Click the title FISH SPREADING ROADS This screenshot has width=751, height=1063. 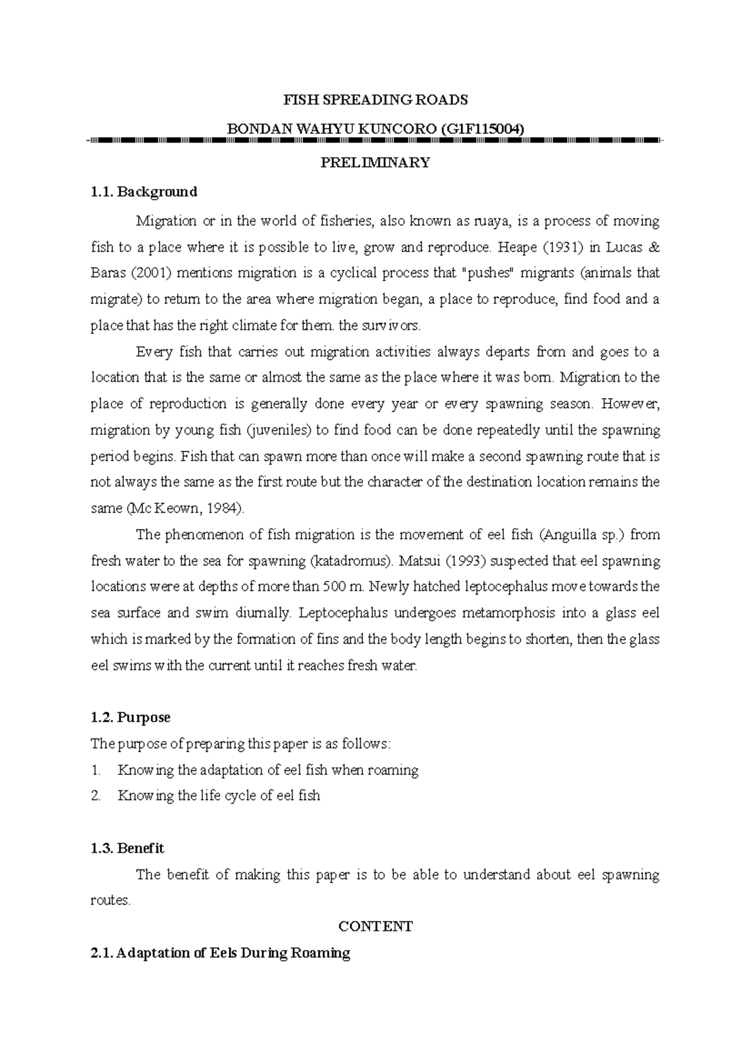[375, 100]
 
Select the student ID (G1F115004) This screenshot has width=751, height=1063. [482, 128]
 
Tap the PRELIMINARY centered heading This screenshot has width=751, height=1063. [375, 163]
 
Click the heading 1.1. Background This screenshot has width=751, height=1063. [144, 192]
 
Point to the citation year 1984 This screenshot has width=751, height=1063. [223, 508]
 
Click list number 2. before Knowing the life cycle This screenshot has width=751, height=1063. [96, 796]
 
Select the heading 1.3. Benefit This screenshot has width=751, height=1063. [128, 848]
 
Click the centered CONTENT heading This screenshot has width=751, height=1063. [375, 927]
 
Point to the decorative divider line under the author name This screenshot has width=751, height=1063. [375, 141]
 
